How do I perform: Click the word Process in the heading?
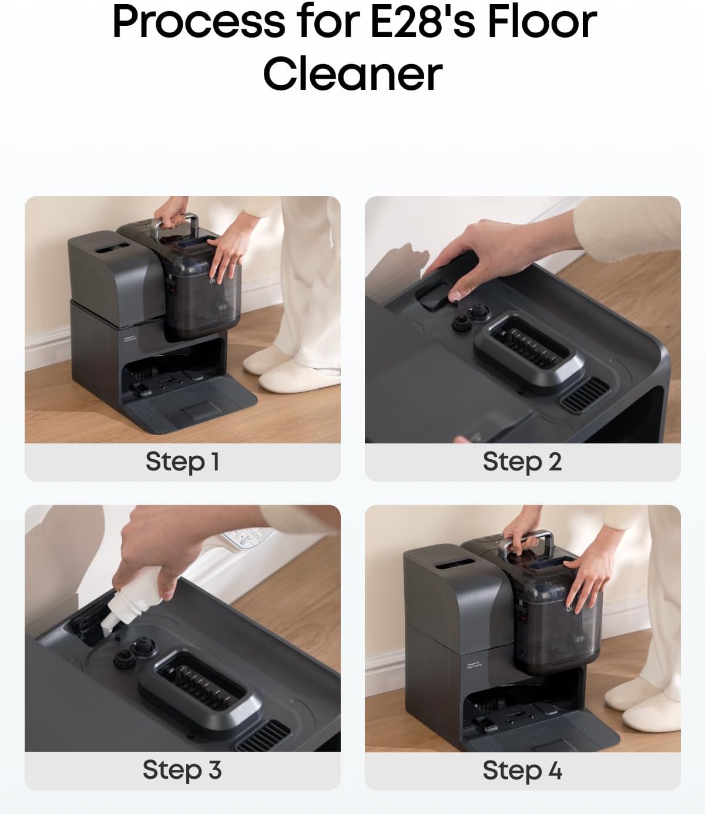pos(199,21)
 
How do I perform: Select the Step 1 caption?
pos(182,462)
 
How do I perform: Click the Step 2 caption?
pos(522,462)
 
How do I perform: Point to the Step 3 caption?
pos(182,770)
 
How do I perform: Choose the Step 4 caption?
pos(522,770)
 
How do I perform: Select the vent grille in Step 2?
pos(585,393)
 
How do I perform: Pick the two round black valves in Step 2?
pos(470,317)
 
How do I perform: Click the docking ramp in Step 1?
pos(194,405)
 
